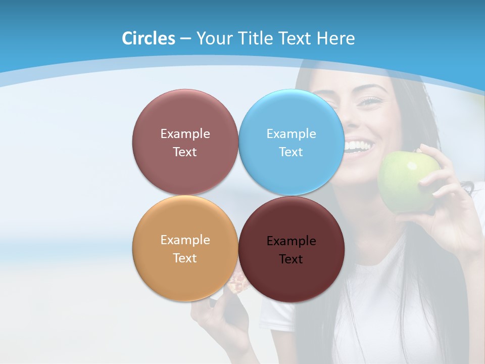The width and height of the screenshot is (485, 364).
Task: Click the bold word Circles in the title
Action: [149, 38]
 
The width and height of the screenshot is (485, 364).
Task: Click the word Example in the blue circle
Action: [292, 134]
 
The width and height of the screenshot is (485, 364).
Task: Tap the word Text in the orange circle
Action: [185, 258]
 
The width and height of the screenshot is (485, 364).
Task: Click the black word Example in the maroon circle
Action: [292, 241]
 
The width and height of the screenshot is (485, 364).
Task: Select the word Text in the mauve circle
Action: [185, 152]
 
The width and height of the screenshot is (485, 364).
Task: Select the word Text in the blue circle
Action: [292, 152]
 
